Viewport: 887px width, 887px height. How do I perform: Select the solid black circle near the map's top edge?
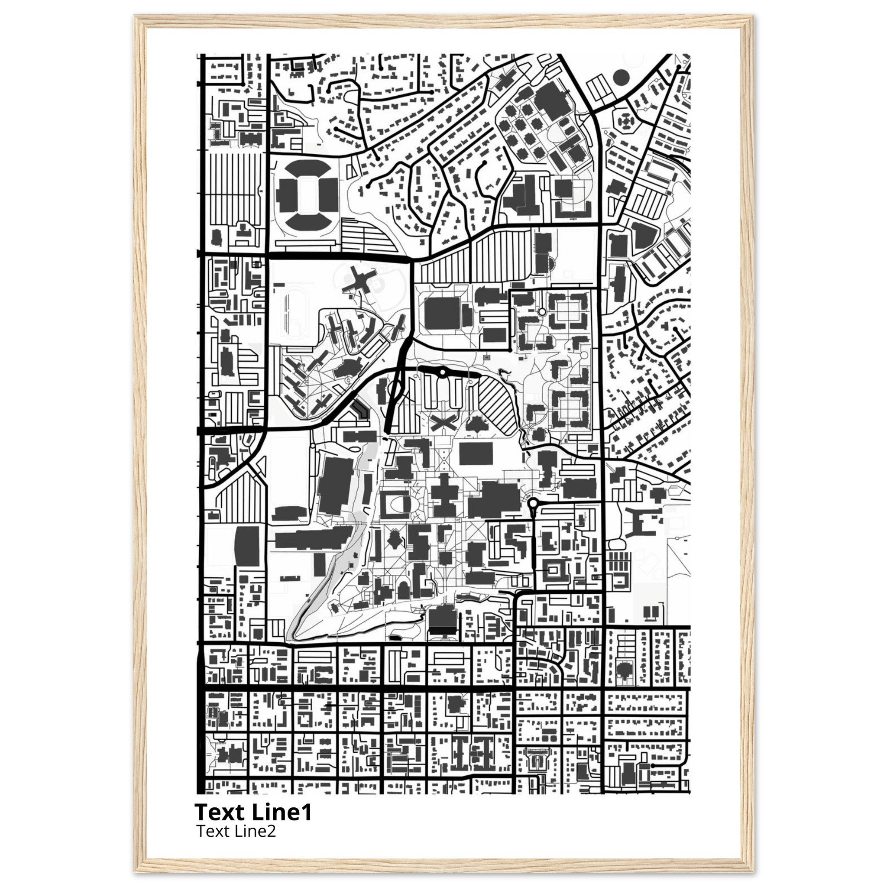tap(620, 78)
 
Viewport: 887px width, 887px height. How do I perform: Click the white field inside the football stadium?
tap(305, 193)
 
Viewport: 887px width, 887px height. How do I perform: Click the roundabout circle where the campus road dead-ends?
tap(533, 504)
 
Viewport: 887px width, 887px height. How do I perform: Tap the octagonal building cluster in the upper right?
tap(625, 122)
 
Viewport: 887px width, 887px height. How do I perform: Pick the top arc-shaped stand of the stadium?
tap(305, 168)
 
